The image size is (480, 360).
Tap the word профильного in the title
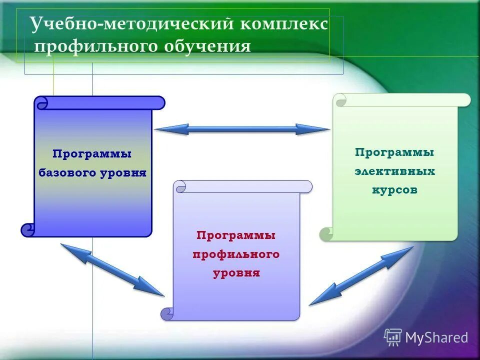(95, 46)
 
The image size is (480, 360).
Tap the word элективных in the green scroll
(395, 171)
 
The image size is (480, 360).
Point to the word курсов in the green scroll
(395, 190)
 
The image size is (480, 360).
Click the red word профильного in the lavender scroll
(236, 254)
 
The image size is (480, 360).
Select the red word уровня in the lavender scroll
(236, 273)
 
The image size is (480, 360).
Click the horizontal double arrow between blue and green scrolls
(242, 129)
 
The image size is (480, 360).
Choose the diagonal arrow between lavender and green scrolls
(361, 275)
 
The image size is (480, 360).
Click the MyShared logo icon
(393, 337)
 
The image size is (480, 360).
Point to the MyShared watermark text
(436, 337)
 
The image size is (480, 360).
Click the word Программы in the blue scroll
(92, 154)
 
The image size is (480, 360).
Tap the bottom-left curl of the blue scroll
(28, 230)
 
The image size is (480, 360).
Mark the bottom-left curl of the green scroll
(326, 233)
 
